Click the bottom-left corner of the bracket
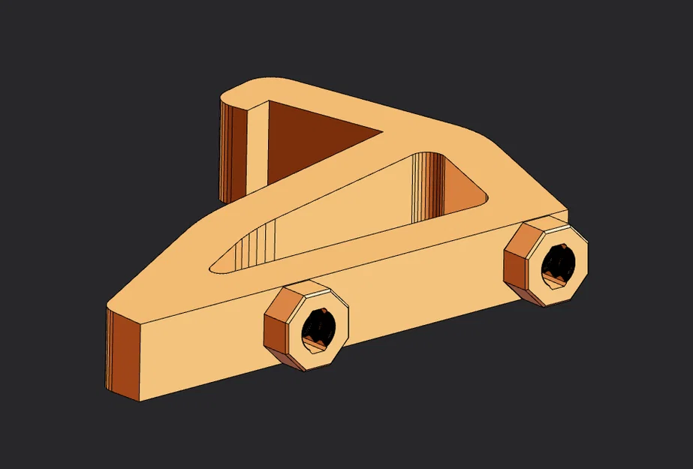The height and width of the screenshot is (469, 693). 140,398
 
